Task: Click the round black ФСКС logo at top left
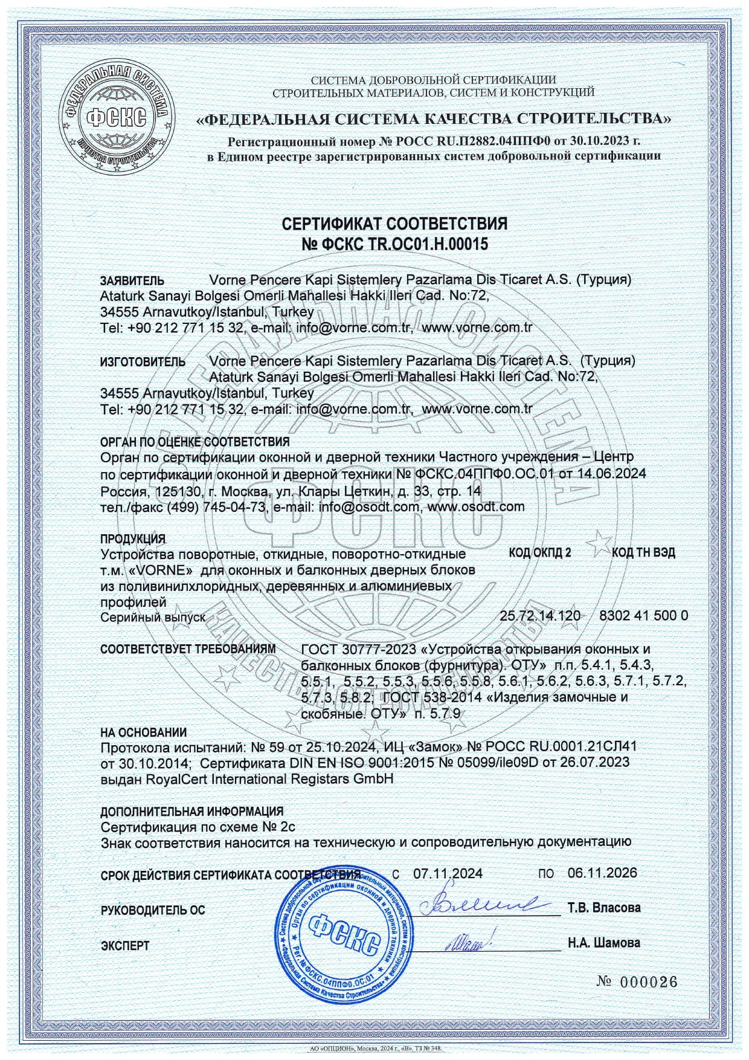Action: tap(114, 115)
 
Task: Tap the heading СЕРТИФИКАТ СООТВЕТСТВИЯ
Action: tap(395, 224)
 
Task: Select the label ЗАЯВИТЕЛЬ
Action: tap(132, 281)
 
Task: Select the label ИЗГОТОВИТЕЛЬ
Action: tap(143, 362)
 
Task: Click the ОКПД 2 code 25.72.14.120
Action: tap(540, 616)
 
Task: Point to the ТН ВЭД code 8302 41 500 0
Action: tap(643, 616)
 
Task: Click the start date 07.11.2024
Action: tap(448, 873)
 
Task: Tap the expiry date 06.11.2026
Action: tap(602, 873)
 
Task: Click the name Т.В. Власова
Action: tap(604, 908)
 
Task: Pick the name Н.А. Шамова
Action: tap(604, 943)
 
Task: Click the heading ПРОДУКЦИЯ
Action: tap(132, 538)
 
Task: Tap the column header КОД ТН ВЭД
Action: tap(643, 552)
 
